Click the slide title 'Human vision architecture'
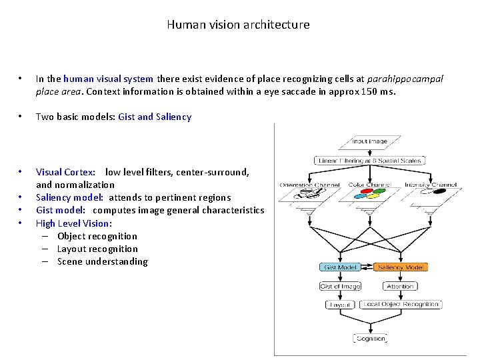[x=238, y=25]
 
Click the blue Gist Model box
[x=340, y=267]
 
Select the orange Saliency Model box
[x=401, y=267]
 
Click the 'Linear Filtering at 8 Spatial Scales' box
[x=369, y=161]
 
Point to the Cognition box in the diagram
[x=370, y=338]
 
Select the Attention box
[x=400, y=286]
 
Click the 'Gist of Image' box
[x=340, y=286]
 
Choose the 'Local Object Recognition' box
[x=401, y=304]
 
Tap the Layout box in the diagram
[x=339, y=304]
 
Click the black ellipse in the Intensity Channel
[x=440, y=191]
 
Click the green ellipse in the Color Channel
[x=378, y=190]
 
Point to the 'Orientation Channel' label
[x=310, y=185]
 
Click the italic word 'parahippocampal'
[x=406, y=79]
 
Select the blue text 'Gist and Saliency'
[x=155, y=117]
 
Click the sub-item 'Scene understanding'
[x=103, y=261]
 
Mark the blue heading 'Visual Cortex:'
[x=65, y=172]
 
